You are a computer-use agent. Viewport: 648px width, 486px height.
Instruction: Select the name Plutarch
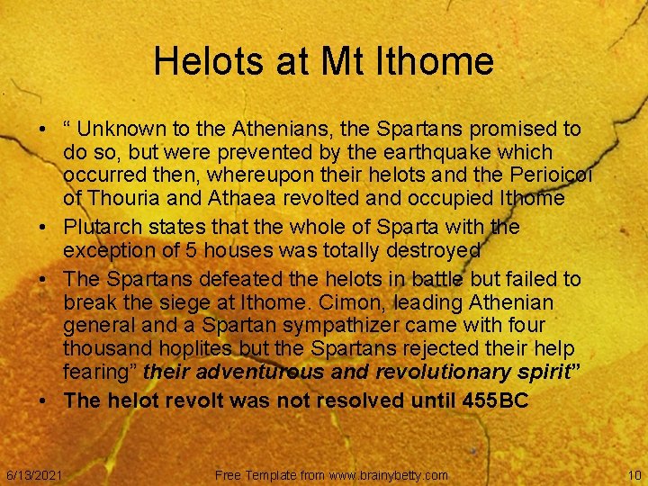pyautogui.click(x=102, y=228)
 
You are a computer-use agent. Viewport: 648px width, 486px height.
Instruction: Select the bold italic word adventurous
pyautogui.click(x=262, y=371)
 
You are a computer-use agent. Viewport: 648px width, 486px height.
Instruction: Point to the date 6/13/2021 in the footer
pyautogui.click(x=34, y=474)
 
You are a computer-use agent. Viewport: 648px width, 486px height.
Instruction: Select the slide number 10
pyautogui.click(x=634, y=474)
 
